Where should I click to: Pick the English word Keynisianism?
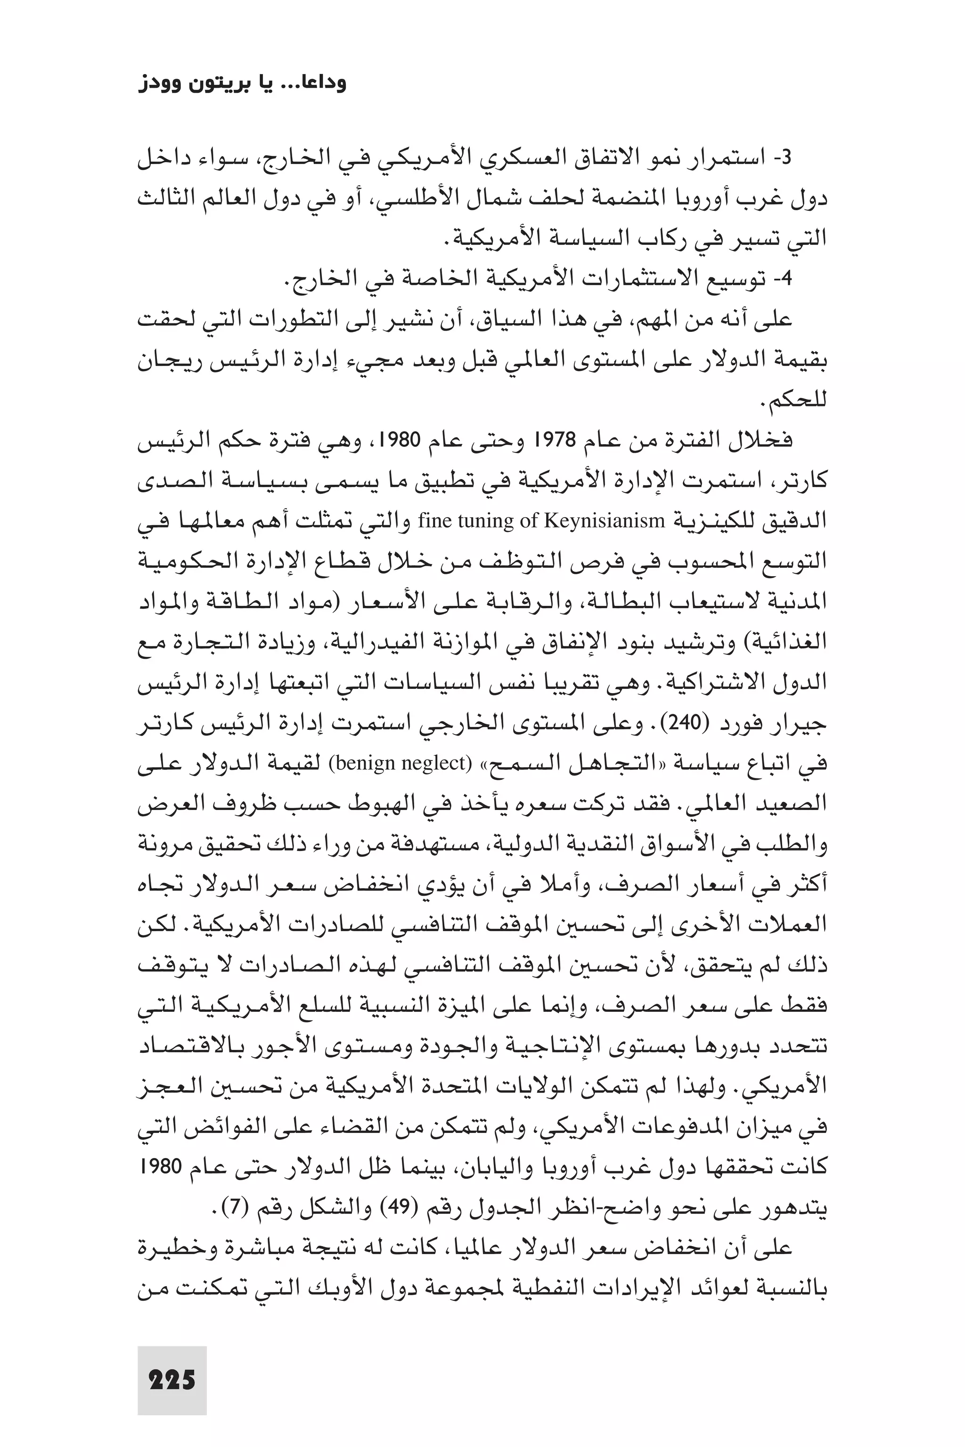[x=603, y=521]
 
